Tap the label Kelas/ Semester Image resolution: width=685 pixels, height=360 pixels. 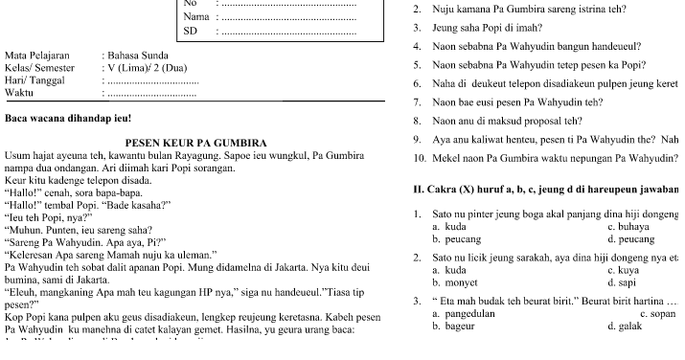click(x=42, y=69)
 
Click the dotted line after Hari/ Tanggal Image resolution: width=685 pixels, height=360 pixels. click(x=150, y=81)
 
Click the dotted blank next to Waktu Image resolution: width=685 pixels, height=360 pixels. click(x=150, y=93)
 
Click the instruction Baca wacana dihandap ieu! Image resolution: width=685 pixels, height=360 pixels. click(x=67, y=120)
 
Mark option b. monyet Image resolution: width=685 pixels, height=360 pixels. click(x=455, y=283)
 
